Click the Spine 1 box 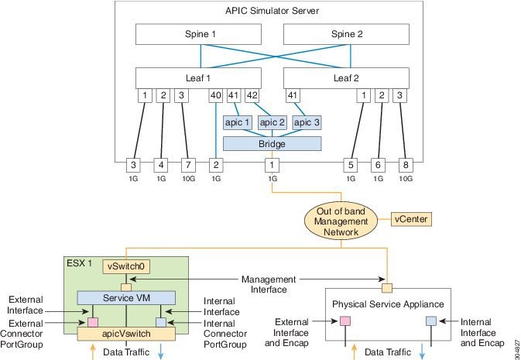[x=201, y=35]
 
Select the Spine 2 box [x=346, y=35]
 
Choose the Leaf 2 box [x=346, y=78]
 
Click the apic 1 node [x=234, y=122]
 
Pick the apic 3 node [x=307, y=122]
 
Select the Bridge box [x=272, y=143]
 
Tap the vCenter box [x=410, y=219]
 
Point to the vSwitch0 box [x=125, y=265]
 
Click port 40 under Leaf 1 [x=217, y=96]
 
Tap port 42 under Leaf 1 [x=252, y=96]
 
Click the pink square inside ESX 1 [x=93, y=321]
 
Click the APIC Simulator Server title [x=271, y=11]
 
